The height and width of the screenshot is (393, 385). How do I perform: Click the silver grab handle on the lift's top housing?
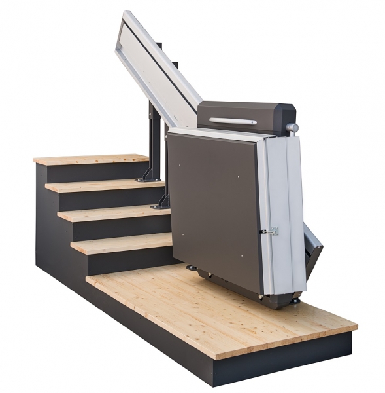point(233,121)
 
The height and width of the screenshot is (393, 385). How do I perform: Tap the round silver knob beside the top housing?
point(293,127)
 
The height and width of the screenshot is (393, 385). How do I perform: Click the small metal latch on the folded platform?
point(270,231)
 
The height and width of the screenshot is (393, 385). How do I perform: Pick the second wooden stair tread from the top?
point(105,185)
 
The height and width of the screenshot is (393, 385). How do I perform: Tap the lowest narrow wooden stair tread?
point(121,244)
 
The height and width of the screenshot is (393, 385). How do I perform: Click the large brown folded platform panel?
point(212,203)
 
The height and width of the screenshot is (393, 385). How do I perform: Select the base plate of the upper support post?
point(148,178)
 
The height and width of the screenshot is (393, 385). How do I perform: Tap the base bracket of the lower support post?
point(161,204)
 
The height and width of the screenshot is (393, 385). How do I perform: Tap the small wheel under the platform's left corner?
point(192,267)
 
